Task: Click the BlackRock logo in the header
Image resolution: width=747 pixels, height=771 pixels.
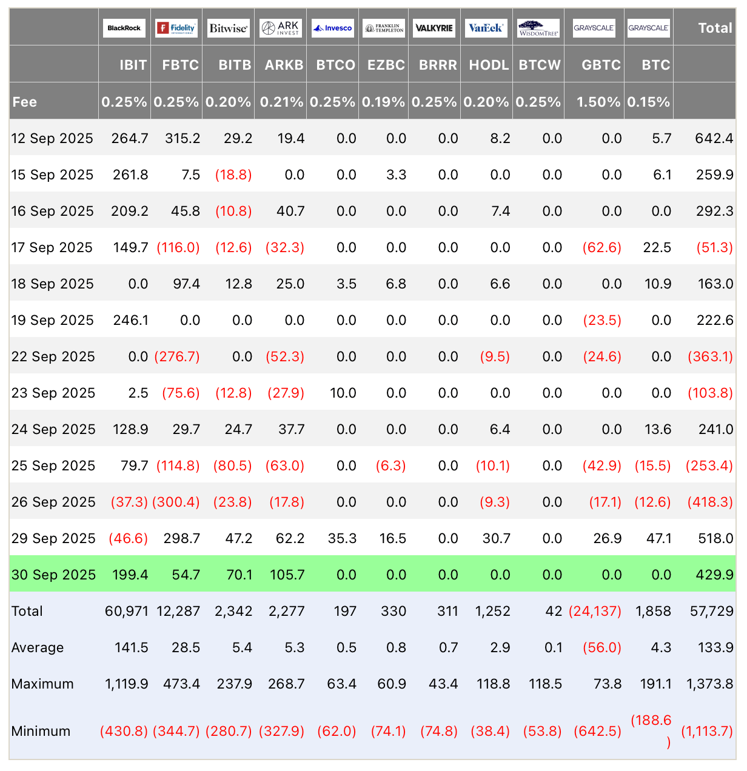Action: click(x=124, y=28)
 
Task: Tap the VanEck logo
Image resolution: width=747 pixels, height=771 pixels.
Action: click(x=486, y=28)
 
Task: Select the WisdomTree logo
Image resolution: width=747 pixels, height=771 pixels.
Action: click(x=538, y=28)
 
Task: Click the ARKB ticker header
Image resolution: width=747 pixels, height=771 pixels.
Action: click(x=284, y=65)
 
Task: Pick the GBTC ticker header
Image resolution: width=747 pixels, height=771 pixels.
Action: click(x=601, y=65)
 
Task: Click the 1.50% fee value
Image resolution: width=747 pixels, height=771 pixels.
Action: click(x=598, y=102)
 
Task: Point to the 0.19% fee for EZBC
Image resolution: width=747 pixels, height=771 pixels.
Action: click(x=383, y=102)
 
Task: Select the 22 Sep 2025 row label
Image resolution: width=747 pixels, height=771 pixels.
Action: click(x=53, y=356)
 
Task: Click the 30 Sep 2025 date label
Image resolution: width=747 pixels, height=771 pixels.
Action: click(x=53, y=575)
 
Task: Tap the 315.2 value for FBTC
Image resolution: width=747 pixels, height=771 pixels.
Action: click(x=183, y=138)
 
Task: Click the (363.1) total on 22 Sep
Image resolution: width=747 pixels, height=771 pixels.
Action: click(x=710, y=356)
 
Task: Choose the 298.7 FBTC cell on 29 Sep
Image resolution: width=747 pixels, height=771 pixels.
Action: click(x=183, y=538)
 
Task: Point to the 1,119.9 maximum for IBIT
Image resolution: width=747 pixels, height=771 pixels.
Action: click(x=127, y=684)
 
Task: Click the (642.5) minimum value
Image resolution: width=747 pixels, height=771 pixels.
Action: click(x=597, y=731)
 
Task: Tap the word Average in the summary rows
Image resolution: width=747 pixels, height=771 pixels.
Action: click(x=38, y=647)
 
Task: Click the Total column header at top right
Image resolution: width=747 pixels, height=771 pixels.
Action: click(x=715, y=28)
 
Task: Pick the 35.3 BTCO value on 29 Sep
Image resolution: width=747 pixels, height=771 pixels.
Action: click(x=342, y=538)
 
